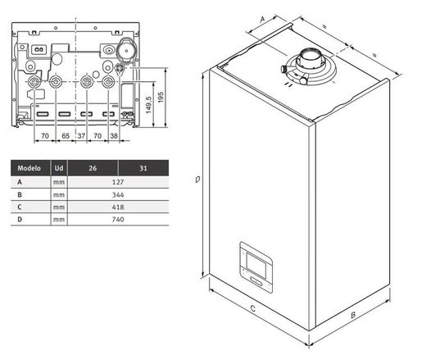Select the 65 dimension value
(66, 134)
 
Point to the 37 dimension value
(81, 134)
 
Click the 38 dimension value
(114, 134)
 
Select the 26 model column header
(93, 168)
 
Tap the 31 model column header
(144, 168)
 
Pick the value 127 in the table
(118, 182)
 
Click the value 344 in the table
(118, 195)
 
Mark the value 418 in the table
(118, 207)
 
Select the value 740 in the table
(118, 220)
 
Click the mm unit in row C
(58, 207)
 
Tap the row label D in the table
(20, 220)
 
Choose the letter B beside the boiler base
(351, 314)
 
